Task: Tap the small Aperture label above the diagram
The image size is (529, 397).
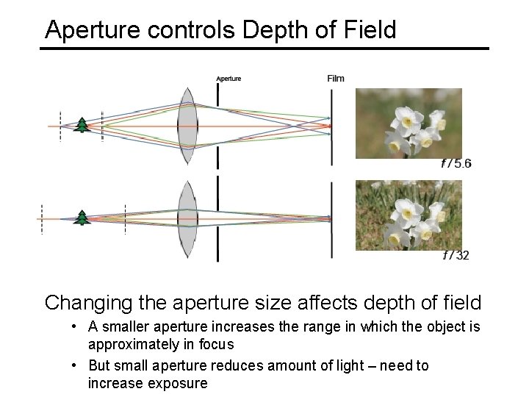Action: (x=228, y=79)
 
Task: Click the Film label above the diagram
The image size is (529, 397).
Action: (x=335, y=79)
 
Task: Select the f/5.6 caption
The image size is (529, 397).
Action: (x=456, y=163)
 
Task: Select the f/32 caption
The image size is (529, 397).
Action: (x=456, y=255)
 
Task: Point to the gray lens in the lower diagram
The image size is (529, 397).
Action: (x=188, y=218)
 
